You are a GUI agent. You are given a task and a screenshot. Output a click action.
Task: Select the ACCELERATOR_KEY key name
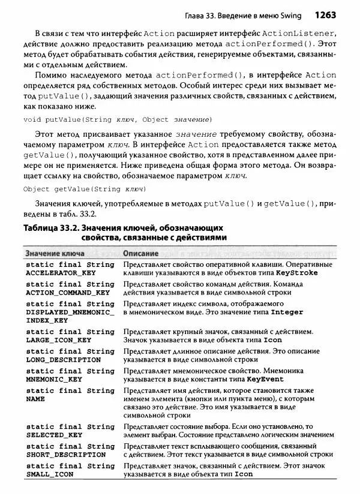[x=61, y=272]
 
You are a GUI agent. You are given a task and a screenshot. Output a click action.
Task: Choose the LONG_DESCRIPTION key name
[x=64, y=359]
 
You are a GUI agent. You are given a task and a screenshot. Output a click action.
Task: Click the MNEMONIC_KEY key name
[x=55, y=379]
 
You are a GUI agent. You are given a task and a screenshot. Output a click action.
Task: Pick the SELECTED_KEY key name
[x=55, y=434]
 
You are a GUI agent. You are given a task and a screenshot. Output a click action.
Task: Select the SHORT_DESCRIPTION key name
[x=65, y=454]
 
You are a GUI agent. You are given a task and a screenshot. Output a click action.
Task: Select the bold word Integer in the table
[x=287, y=312]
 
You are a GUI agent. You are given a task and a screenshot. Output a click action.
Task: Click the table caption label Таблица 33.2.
[x=50, y=228]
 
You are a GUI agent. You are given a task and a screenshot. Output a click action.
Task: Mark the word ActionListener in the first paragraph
[x=298, y=31]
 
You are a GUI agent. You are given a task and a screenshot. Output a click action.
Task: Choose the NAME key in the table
[x=36, y=398]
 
